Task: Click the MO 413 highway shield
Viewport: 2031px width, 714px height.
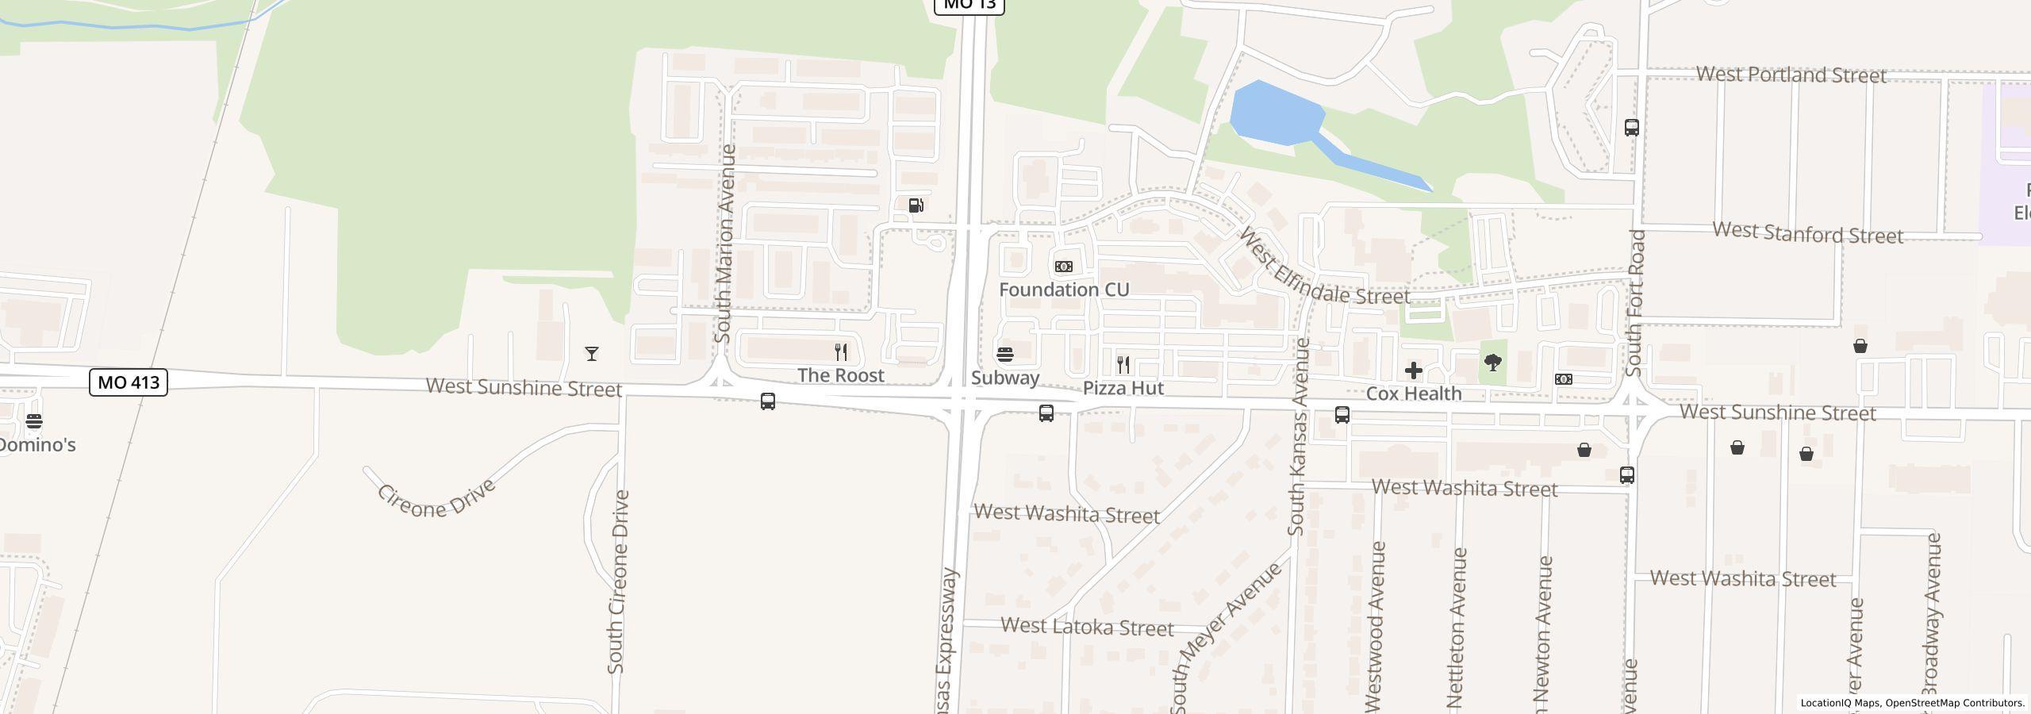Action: click(129, 382)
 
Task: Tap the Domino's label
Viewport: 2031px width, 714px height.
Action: click(36, 445)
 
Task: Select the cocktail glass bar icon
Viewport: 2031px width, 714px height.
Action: click(592, 354)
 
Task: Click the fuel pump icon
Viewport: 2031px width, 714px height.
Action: click(916, 205)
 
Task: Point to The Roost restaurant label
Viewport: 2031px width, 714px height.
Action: click(840, 375)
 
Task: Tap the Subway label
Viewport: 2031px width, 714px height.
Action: click(1005, 378)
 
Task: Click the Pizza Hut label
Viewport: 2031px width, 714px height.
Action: click(1123, 388)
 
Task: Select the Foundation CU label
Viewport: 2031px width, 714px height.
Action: click(1063, 290)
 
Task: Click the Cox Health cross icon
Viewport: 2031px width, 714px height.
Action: click(1413, 370)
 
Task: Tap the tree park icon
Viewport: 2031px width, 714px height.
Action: click(1492, 363)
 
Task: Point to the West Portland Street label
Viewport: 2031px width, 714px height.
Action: click(1791, 75)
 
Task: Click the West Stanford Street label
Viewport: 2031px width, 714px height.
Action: click(1807, 233)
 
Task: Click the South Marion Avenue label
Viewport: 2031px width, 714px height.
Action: click(724, 244)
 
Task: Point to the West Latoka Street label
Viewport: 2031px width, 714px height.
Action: click(1086, 628)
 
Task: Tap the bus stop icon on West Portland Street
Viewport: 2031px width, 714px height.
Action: click(1631, 128)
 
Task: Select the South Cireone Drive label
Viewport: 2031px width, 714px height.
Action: click(618, 582)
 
